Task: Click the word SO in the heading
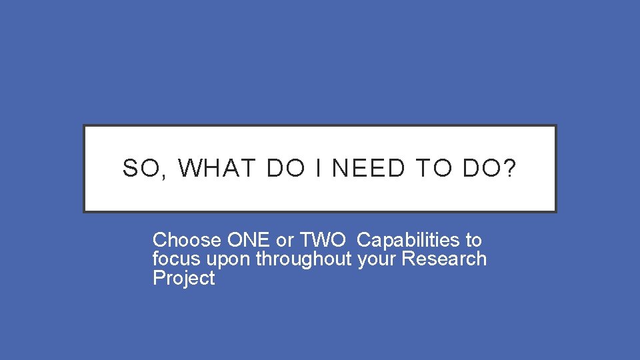tap(138, 169)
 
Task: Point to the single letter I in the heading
tap(318, 169)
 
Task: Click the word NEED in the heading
tap(368, 169)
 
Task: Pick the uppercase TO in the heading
tap(433, 169)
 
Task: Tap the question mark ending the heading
tap(510, 169)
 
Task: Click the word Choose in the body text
tap(187, 240)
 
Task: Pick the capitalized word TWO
tap(323, 240)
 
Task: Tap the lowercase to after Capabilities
tap(473, 240)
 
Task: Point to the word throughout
tap(303, 259)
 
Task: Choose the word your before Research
tap(377, 259)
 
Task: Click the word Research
tap(444, 259)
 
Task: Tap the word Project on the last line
tap(183, 278)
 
